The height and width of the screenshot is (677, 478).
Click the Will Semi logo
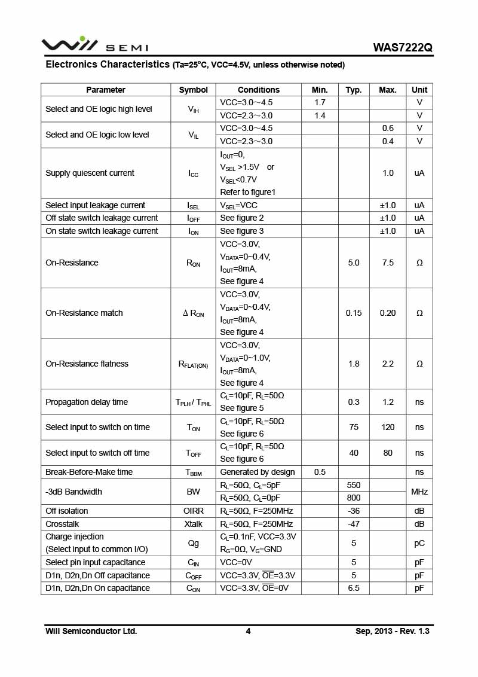pos(94,45)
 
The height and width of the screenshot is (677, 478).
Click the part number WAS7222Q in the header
pos(403,47)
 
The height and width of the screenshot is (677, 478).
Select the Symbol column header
pos(193,90)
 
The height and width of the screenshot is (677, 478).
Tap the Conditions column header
pos(258,90)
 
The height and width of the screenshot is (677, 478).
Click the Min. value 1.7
pos(320,103)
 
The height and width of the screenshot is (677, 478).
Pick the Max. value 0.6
pos(388,128)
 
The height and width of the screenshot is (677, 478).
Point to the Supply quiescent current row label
pos(90,173)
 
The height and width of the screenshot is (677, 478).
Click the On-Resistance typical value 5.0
pos(354,263)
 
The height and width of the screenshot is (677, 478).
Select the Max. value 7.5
pos(388,263)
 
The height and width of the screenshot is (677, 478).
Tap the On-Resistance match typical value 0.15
pos(354,313)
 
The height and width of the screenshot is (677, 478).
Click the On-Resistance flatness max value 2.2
pos(388,364)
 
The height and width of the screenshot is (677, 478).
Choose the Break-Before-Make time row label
pos(89,472)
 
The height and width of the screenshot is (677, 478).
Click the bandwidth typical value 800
pos(354,498)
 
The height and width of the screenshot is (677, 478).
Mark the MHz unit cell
pos(419,492)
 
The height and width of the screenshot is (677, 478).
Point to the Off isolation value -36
pos(354,511)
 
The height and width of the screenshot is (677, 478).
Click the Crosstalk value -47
pos(354,524)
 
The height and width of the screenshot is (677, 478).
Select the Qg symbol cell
pos(193,543)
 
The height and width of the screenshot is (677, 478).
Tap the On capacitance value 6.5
pos(354,588)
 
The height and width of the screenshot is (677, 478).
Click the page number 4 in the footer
pos(248,631)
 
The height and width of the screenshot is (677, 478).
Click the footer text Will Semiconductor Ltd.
pos(91,631)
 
